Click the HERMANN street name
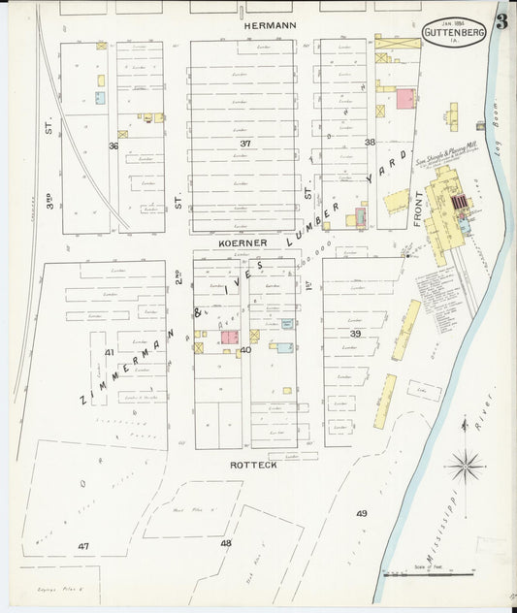(270, 22)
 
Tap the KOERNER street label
(242, 242)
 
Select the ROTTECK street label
(253, 465)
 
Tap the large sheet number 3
(501, 22)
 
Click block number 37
(245, 143)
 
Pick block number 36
(113, 145)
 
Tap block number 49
(361, 513)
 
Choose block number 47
(83, 546)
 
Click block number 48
(226, 543)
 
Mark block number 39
(355, 334)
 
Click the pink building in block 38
(404, 98)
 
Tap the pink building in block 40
(230, 338)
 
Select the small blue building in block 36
(100, 98)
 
